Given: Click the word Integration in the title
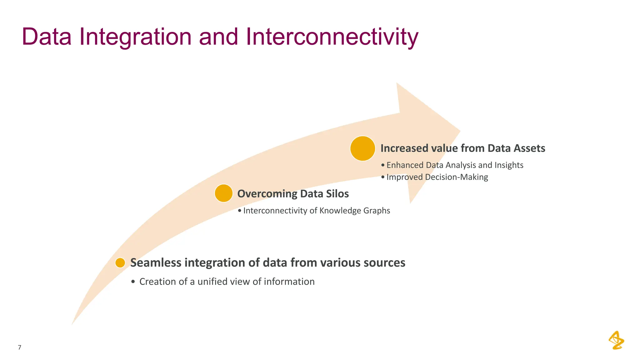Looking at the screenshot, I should (135, 37).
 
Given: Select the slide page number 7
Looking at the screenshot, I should (20, 347).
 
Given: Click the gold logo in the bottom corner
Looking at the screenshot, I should (616, 340).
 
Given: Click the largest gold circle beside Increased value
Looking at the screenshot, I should (362, 148).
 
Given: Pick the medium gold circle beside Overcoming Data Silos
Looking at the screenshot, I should (224, 193).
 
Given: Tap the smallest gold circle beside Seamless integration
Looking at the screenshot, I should (120, 263).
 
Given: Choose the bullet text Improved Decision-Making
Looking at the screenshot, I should (437, 177).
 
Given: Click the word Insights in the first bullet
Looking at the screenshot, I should (509, 165).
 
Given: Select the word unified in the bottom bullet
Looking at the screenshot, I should (212, 282).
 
